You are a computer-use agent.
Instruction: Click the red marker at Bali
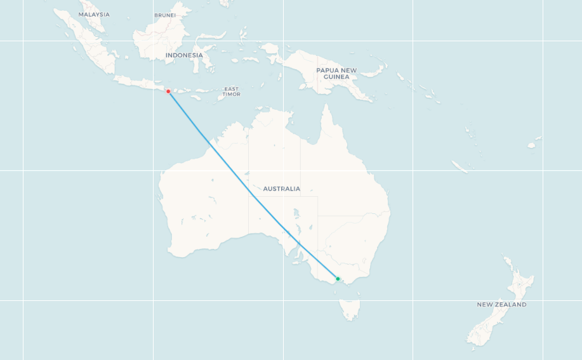(x=168, y=91)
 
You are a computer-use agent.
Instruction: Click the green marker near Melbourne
(x=338, y=279)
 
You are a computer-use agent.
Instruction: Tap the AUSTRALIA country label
(x=281, y=189)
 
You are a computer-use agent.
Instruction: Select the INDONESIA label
(x=184, y=55)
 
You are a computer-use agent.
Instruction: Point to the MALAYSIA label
(x=94, y=15)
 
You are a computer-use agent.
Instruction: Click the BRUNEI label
(x=165, y=15)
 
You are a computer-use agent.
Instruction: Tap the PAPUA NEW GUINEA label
(x=336, y=74)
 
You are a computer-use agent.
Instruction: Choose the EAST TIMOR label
(x=231, y=91)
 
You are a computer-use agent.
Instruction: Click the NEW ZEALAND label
(x=501, y=305)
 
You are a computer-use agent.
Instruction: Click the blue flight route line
(x=254, y=196)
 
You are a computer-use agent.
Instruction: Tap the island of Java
(x=136, y=82)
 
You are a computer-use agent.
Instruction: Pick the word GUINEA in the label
(x=336, y=77)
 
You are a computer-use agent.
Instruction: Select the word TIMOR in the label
(x=231, y=95)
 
